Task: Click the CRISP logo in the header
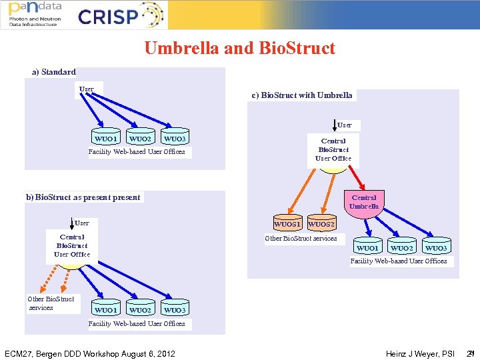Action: [120, 16]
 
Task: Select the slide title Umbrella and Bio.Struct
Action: [239, 48]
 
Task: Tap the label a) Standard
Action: [54, 72]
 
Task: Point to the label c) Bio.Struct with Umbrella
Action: [302, 95]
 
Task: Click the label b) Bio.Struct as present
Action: [83, 197]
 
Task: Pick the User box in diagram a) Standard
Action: [87, 89]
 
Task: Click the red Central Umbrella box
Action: [364, 202]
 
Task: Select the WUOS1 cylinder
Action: [288, 224]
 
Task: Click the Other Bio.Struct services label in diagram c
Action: [301, 239]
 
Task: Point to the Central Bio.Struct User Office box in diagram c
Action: [333, 150]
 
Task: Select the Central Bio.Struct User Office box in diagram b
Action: [72, 246]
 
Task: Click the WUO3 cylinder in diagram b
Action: [175, 309]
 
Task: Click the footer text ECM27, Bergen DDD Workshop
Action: [89, 353]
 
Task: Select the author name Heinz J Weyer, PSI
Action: [420, 353]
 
